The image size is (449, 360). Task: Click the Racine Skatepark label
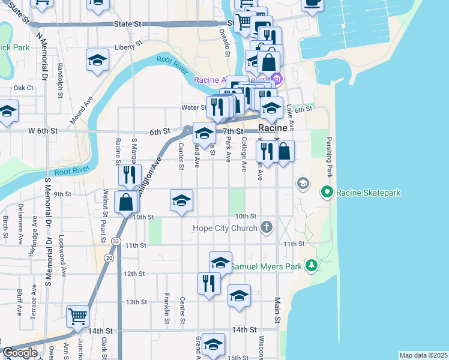click(369, 193)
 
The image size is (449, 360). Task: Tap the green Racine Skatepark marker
click(327, 193)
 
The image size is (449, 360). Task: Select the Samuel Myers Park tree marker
click(311, 265)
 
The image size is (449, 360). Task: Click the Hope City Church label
click(225, 228)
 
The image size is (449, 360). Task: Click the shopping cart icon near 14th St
click(78, 316)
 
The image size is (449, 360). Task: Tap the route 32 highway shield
click(114, 241)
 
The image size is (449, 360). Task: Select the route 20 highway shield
click(108, 257)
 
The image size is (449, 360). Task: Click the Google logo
click(20, 353)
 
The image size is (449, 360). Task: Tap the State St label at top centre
click(127, 24)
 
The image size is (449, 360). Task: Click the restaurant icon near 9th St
click(130, 175)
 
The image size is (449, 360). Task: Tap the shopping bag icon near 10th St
click(126, 202)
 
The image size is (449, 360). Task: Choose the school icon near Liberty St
click(97, 60)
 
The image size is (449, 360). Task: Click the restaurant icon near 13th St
click(209, 283)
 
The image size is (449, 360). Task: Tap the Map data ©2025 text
click(423, 355)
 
